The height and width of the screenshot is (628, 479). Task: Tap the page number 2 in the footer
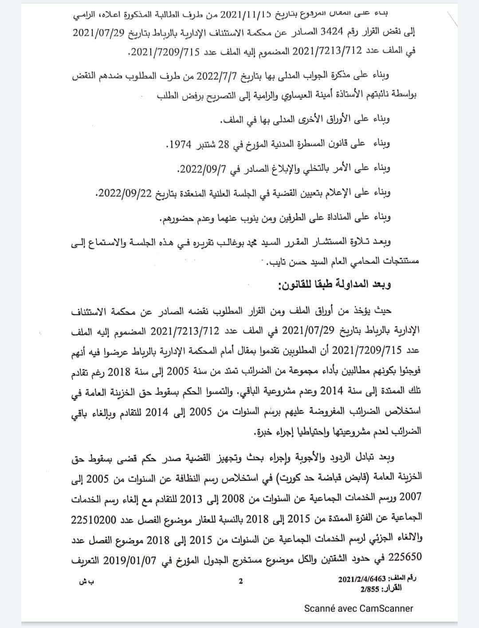coord(241,581)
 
